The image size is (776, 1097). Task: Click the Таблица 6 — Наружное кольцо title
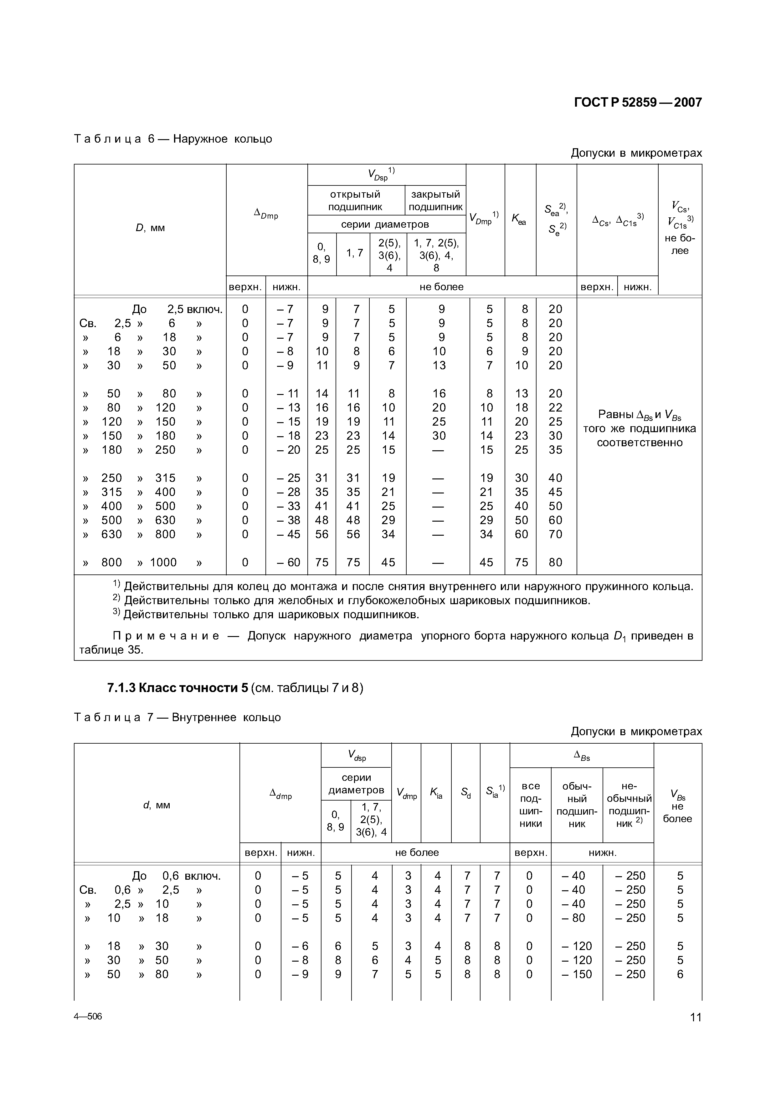[x=173, y=139]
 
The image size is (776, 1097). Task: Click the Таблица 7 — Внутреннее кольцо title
[x=177, y=717]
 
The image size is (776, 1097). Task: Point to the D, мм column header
[x=150, y=228]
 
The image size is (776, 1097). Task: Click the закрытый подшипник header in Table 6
[x=435, y=200]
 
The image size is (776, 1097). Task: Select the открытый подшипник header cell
[x=355, y=200]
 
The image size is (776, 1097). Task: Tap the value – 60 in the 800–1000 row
[x=288, y=562]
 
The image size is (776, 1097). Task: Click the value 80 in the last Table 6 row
[x=555, y=562]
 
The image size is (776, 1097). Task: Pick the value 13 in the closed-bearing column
[x=439, y=366]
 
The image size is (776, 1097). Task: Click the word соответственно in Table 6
[x=639, y=442]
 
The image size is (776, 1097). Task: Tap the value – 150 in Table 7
[x=577, y=974]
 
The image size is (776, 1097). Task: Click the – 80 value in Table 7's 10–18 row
[x=577, y=918]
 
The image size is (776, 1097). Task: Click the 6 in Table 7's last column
[x=680, y=974]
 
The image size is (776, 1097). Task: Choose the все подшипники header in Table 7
[x=530, y=805]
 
